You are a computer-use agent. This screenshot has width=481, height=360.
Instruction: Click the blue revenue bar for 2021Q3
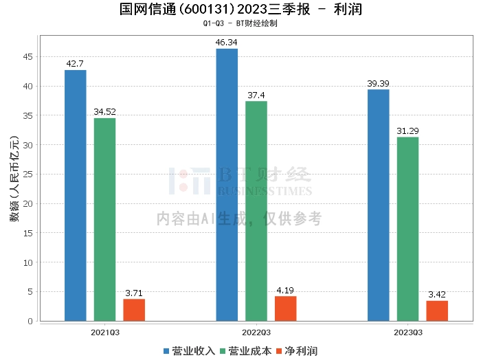[76, 196]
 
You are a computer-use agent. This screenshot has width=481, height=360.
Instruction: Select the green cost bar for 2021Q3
[105, 220]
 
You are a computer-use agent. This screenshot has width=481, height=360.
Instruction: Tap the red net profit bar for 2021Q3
[134, 310]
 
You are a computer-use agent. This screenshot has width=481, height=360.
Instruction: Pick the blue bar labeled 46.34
[227, 185]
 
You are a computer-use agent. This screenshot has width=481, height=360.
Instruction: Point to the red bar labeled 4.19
[285, 308]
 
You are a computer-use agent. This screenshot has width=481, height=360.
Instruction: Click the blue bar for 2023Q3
[378, 205]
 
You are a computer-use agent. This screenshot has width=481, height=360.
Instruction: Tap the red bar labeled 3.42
[436, 311]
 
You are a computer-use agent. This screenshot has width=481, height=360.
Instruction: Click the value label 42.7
[76, 64]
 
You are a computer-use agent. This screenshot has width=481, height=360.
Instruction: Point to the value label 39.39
[378, 84]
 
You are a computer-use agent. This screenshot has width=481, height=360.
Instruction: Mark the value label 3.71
[134, 293]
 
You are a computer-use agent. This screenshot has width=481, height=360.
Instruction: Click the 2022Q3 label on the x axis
[256, 332]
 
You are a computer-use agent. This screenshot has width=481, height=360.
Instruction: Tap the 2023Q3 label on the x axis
[407, 332]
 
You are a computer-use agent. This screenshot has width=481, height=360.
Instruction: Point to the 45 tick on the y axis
[30, 57]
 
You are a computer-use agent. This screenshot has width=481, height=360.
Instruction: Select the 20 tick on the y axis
[30, 204]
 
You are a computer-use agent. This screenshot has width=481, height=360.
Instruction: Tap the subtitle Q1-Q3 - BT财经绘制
[240, 23]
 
